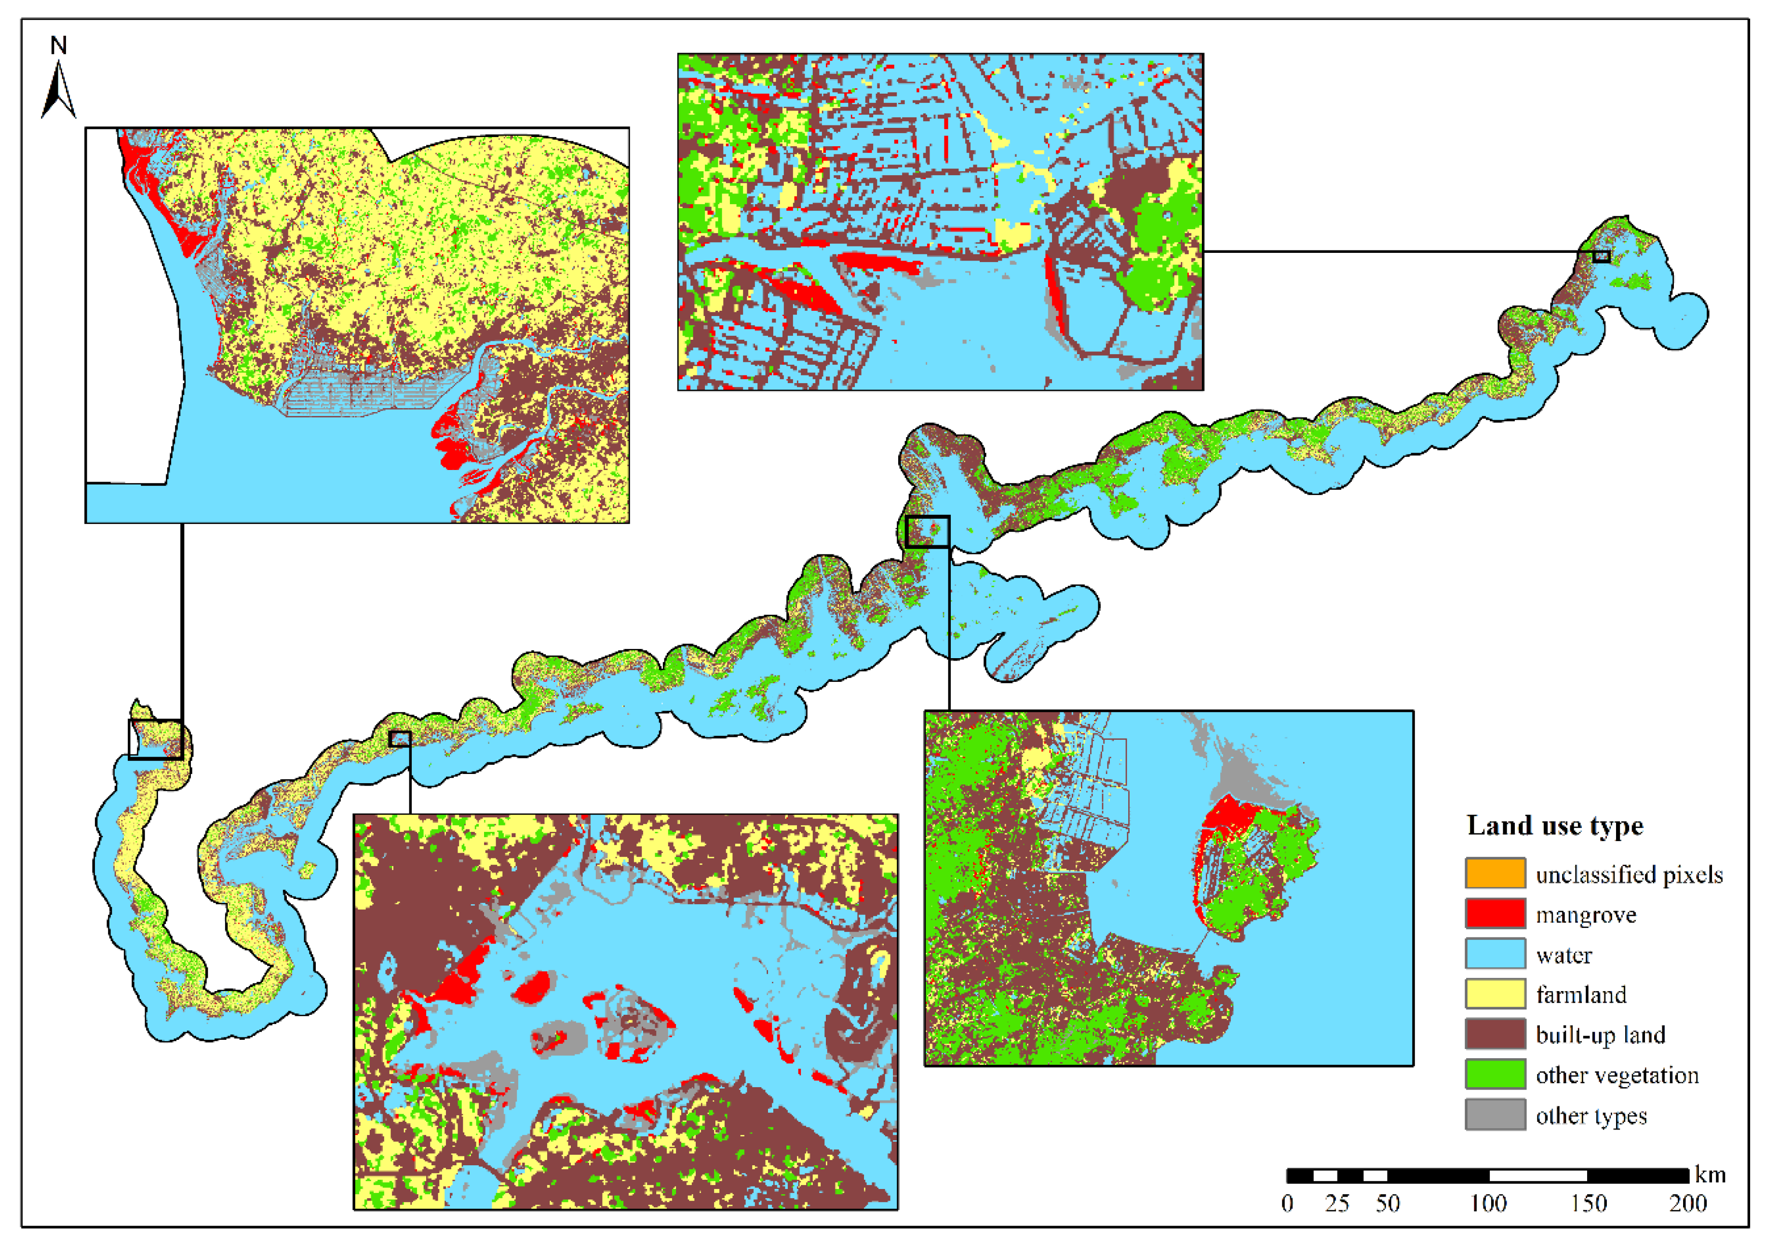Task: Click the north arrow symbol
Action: (x=58, y=91)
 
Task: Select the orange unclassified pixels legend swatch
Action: (x=1495, y=873)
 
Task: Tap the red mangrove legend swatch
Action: (x=1495, y=913)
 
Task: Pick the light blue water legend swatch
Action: (x=1495, y=953)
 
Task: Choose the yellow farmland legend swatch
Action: (x=1495, y=994)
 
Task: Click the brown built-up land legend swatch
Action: (x=1495, y=1034)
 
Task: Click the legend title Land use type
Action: (x=1554, y=826)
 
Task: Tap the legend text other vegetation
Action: (x=1617, y=1075)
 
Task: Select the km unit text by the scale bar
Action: (x=1711, y=1175)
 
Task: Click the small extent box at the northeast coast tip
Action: (x=1601, y=256)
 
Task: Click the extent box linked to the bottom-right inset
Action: (x=927, y=532)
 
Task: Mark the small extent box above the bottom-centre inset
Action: (x=400, y=739)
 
